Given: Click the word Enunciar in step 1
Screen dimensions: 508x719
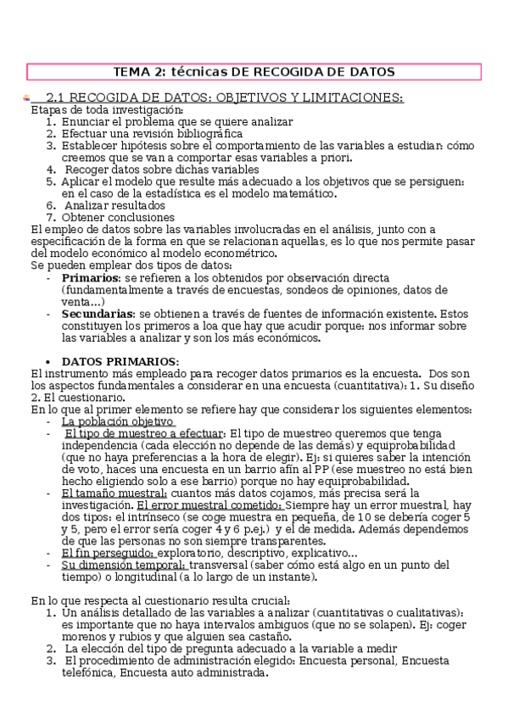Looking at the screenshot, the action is (86, 121).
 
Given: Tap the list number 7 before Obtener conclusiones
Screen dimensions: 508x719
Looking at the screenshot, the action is (51, 216).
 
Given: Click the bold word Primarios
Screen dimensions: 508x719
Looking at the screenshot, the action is (91, 277).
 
